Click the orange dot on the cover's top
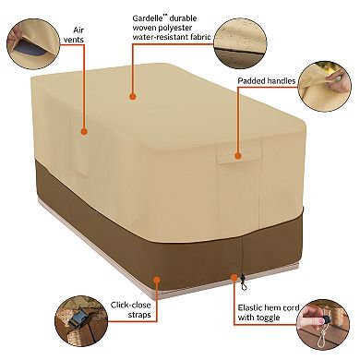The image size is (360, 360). (x=133, y=94)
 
